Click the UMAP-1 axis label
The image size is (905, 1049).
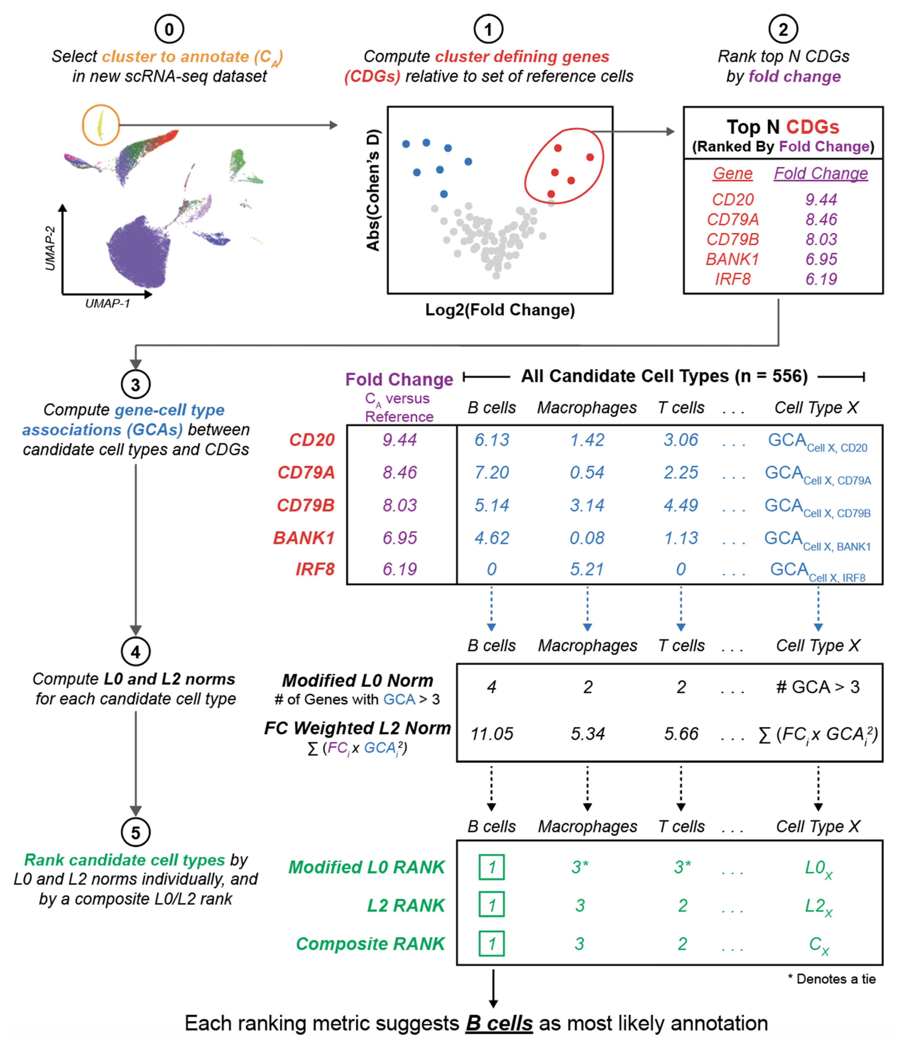(107, 303)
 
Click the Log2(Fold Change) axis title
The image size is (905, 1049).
(500, 310)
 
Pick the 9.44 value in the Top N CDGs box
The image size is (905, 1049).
(821, 199)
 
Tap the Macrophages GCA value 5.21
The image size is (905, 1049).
(587, 569)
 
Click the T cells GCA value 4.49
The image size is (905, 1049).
(681, 505)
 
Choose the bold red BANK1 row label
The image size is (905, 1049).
(304, 538)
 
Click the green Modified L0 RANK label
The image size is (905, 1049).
(366, 867)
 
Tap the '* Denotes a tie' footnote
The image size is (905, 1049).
(831, 979)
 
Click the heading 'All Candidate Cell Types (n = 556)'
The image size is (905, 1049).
(664, 376)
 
